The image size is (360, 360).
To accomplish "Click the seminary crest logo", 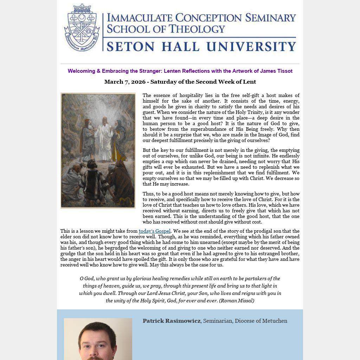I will coord(82,28).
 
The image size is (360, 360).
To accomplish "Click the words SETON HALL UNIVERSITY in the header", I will coord(201,46).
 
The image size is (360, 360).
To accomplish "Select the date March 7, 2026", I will coord(125,82).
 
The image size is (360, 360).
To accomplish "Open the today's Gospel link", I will coord(154,231).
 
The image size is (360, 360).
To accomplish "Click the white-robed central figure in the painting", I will coord(104,139).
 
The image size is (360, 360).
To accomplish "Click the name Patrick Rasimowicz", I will coord(172,321).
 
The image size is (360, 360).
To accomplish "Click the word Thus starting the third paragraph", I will coord(148,194).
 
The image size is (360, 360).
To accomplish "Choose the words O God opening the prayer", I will coord(86,278).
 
